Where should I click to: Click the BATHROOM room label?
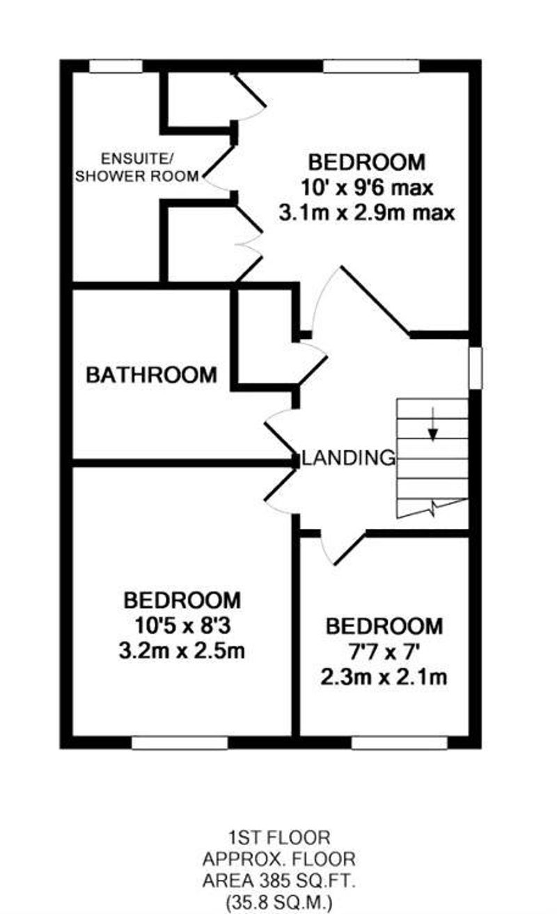click(151, 375)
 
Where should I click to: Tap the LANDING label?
click(350, 458)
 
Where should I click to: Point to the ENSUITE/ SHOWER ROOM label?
click(138, 167)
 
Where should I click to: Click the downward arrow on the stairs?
click(433, 424)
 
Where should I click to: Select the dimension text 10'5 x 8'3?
click(182, 627)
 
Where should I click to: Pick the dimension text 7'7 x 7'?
click(384, 652)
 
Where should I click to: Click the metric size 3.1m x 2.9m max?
click(366, 213)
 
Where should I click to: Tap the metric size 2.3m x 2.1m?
click(384, 677)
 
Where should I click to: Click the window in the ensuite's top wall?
click(116, 67)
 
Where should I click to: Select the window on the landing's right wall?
click(476, 368)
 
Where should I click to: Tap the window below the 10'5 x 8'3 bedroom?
click(180, 743)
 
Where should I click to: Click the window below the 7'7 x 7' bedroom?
click(400, 743)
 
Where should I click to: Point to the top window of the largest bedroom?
click(371, 67)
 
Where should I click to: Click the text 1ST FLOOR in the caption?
click(279, 837)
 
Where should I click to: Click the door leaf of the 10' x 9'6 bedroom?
click(375, 301)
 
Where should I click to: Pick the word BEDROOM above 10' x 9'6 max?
click(366, 162)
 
